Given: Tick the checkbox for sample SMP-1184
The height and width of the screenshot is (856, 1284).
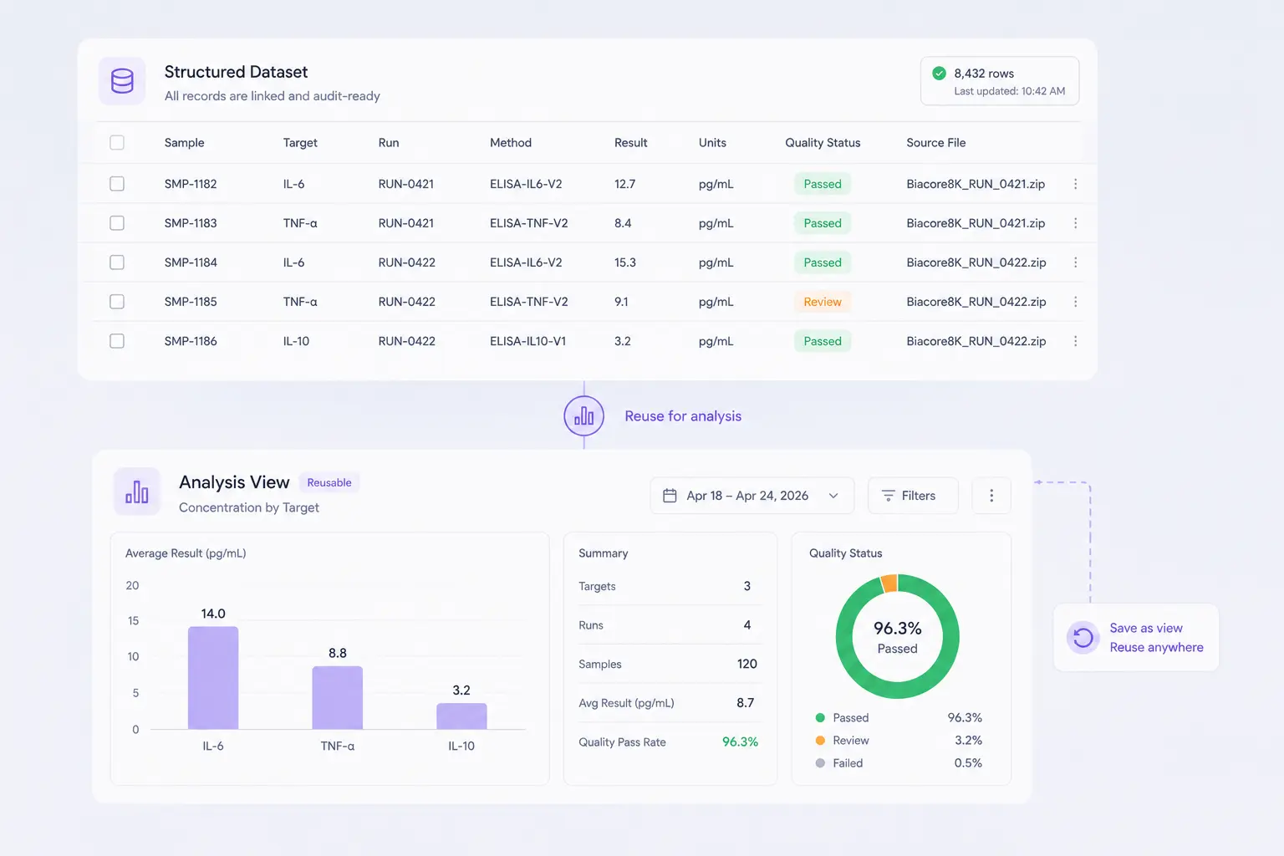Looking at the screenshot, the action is click(117, 262).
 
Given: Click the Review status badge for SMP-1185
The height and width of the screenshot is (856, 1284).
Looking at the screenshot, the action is click(822, 302).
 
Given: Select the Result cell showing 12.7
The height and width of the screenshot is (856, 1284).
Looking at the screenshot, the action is click(624, 184).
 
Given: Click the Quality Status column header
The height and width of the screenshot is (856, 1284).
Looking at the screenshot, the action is click(823, 142).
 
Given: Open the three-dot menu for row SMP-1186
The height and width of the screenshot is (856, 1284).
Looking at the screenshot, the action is click(1075, 341).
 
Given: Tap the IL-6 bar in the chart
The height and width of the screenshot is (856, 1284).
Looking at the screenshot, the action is click(213, 678).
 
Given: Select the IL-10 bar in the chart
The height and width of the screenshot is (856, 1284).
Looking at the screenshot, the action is click(461, 716).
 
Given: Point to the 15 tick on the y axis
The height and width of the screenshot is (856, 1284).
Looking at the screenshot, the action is click(133, 620).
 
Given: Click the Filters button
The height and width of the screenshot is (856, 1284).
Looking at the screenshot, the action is click(913, 496).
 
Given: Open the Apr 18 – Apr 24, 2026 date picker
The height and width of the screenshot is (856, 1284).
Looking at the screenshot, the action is click(752, 496).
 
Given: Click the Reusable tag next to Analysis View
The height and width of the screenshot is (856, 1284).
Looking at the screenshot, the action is click(329, 483).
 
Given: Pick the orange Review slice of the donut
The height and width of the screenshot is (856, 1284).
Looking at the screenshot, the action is click(889, 583).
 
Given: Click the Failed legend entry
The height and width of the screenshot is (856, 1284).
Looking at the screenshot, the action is click(847, 763).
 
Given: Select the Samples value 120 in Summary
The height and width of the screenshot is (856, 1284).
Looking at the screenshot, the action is click(746, 664).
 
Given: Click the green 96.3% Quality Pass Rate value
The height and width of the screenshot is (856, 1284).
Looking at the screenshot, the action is click(740, 742).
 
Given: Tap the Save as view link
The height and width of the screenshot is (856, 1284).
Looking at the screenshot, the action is click(1146, 628).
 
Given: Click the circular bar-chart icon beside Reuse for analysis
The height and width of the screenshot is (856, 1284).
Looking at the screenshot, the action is click(583, 415).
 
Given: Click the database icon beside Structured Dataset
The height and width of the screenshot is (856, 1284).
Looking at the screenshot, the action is click(122, 81).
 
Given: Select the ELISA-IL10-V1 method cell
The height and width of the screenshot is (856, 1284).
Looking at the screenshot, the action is click(527, 341).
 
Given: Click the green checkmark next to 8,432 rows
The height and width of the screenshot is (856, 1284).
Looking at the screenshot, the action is click(939, 74).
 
